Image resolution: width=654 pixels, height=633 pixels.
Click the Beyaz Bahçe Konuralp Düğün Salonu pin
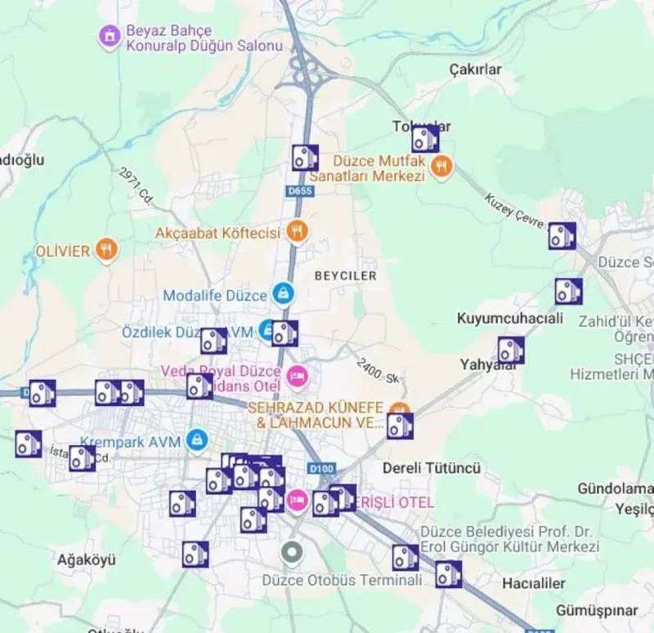(108, 37)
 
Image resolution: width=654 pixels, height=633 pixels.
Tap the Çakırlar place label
(475, 70)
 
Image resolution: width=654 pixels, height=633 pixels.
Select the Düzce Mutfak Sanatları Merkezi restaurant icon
(441, 167)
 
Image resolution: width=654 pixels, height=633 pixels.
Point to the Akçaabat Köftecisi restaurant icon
(297, 232)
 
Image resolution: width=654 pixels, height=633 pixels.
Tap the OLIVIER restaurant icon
(105, 249)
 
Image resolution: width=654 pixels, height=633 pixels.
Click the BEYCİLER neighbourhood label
(345, 276)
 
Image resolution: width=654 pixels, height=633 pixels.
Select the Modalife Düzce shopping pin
(283, 294)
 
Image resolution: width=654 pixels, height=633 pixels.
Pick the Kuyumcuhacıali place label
(510, 318)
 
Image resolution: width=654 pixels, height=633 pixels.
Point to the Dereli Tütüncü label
(432, 469)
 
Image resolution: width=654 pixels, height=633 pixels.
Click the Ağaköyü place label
(86, 560)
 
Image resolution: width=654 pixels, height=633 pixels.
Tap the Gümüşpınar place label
(597, 610)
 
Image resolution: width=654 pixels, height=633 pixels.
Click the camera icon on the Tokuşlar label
(424, 139)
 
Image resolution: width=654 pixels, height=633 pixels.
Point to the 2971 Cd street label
(136, 187)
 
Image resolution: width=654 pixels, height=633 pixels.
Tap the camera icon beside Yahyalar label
(511, 350)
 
